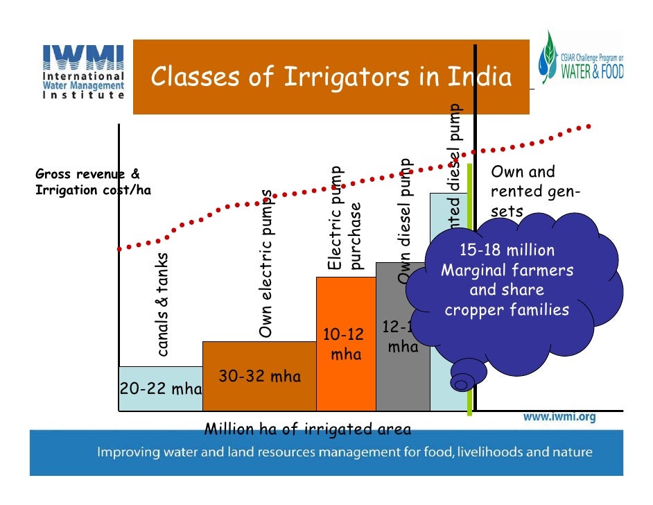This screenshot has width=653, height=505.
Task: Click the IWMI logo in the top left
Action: pos(83,70)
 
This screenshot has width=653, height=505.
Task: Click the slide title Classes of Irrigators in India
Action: pos(331,77)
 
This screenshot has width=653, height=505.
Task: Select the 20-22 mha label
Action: pos(160,388)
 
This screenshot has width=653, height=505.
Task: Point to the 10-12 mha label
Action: pos(345,344)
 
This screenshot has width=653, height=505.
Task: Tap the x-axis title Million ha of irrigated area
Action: pos(307,429)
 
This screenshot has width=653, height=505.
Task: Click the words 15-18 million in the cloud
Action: pos(507,250)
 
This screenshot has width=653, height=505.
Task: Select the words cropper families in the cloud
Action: pos(507,310)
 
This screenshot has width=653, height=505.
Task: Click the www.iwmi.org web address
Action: pos(559,418)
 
